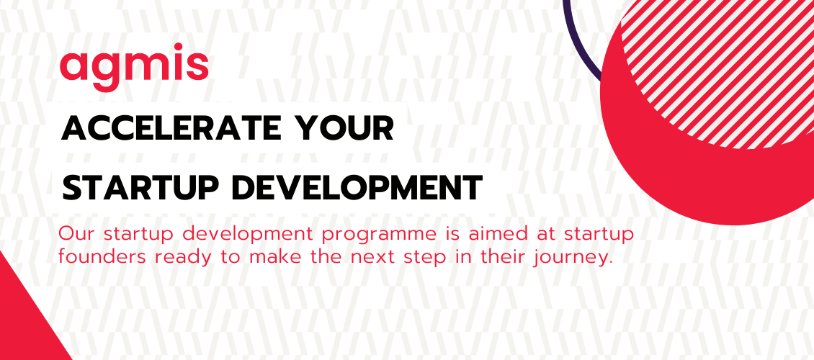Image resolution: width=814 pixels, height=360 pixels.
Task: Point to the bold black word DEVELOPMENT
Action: pos(357,187)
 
